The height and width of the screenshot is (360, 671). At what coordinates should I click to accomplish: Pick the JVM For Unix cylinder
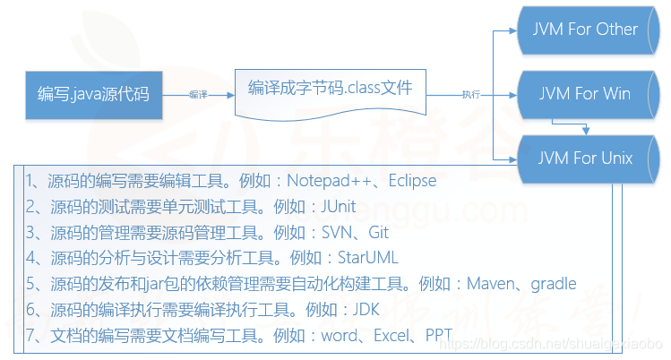(585, 159)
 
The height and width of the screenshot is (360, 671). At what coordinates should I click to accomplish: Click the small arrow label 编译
(198, 93)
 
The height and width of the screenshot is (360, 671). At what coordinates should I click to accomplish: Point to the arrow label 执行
(471, 93)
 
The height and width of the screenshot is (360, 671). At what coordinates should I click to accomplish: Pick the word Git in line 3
(377, 233)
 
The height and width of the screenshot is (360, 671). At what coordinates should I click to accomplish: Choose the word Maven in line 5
(491, 284)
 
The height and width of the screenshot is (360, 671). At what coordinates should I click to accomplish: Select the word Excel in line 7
(389, 336)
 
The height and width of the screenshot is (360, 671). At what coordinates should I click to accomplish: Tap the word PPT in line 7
(438, 336)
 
